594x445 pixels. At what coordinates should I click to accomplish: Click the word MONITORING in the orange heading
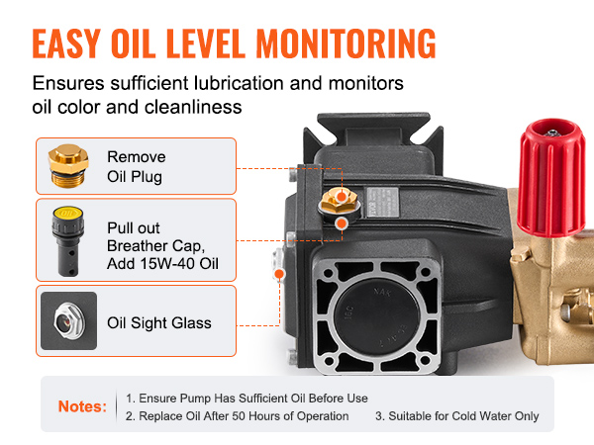point(346,44)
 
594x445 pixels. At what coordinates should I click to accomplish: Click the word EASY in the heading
point(66,44)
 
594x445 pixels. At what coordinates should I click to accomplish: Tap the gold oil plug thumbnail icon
point(68,166)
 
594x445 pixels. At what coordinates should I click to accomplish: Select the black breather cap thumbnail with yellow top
point(68,241)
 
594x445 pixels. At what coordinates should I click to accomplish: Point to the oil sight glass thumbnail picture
point(68,320)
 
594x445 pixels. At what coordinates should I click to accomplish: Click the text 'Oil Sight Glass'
point(159,323)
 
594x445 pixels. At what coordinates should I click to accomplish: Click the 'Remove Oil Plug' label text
point(137,166)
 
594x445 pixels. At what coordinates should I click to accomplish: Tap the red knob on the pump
point(551,178)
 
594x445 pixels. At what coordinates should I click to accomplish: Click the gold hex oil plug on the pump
point(339,201)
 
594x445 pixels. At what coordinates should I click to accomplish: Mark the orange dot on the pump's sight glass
point(279,274)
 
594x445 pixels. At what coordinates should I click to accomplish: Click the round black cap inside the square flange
point(377,316)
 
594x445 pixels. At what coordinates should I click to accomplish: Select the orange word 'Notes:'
point(82,406)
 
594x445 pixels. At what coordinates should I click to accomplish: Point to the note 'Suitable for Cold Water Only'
point(457,416)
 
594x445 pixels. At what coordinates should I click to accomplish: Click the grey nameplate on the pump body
point(382,202)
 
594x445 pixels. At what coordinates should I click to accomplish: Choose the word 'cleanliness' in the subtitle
point(193,107)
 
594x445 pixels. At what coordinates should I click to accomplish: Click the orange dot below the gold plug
point(342,223)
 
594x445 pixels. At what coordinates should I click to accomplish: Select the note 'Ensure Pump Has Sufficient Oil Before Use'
point(247,399)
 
